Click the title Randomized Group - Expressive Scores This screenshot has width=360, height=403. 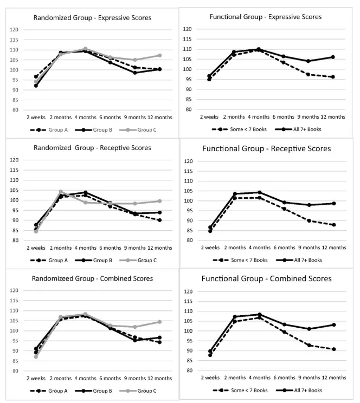coord(92,18)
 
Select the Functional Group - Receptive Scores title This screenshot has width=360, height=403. coord(267,148)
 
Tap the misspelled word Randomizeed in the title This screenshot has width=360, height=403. coord(63,278)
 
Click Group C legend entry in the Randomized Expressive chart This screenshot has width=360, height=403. coord(138,130)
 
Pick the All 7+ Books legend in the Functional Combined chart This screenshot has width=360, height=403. coord(299,390)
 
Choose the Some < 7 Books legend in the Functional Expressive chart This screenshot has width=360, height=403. coord(239,129)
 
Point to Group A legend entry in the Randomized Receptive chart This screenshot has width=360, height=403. coord(49,261)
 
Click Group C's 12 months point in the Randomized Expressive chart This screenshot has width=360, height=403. coord(159,55)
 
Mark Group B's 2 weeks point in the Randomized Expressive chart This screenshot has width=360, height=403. coord(36,86)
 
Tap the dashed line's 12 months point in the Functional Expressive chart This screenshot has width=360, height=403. coord(333,77)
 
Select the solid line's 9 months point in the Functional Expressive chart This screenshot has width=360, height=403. coord(308,61)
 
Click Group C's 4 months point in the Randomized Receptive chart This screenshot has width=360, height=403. coord(86,203)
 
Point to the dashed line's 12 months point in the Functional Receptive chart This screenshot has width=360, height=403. coord(334,225)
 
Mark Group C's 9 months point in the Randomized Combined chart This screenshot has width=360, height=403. coord(135,327)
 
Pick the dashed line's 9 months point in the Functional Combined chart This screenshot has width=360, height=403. coord(309,345)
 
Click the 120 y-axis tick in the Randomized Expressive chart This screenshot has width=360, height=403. coord(14,30)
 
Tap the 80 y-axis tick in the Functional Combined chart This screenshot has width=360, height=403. coord(190,370)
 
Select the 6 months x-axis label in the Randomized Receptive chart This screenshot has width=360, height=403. coord(110,248)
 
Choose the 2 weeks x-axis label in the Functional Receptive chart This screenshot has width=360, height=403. coord(210,247)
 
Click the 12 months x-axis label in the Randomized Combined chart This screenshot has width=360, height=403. coord(160,378)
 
